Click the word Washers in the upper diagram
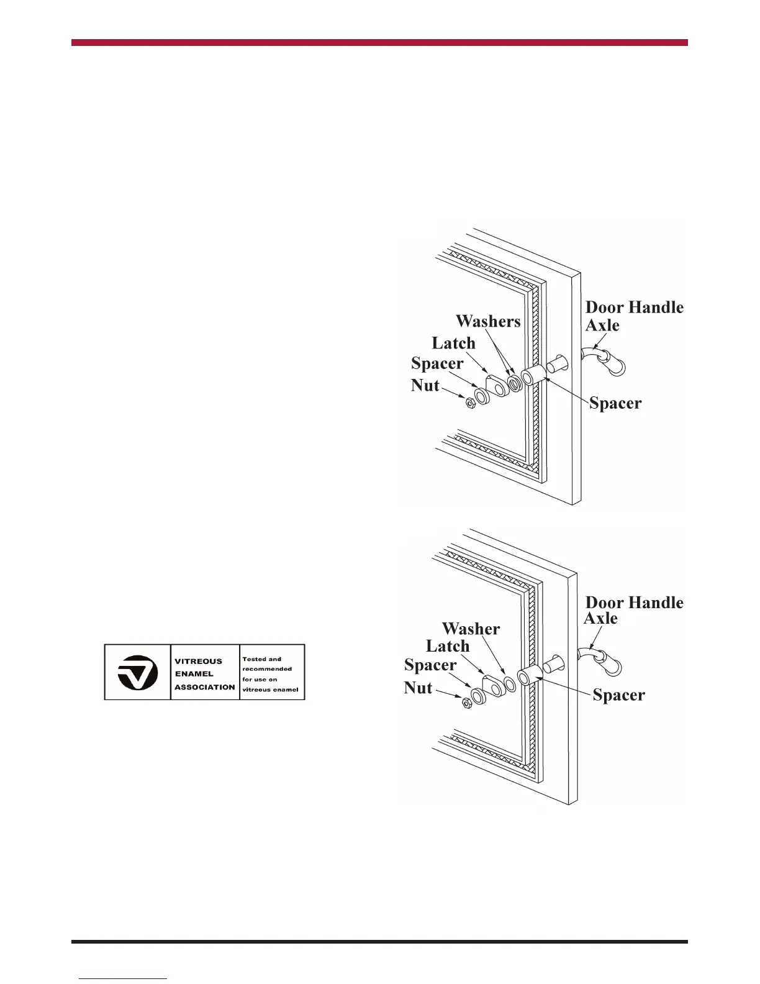488,321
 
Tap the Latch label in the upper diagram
453,343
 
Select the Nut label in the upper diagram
425,386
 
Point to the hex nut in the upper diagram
470,403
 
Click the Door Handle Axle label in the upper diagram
633,316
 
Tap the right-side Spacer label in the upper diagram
615,403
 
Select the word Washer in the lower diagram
471,629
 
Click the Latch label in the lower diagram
448,646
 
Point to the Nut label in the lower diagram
418,688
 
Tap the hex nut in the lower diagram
464,703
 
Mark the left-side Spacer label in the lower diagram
430,665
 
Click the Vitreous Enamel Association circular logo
137,672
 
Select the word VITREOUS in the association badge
198,662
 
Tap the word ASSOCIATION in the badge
205,687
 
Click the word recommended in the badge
267,669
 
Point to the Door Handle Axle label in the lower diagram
633,609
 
